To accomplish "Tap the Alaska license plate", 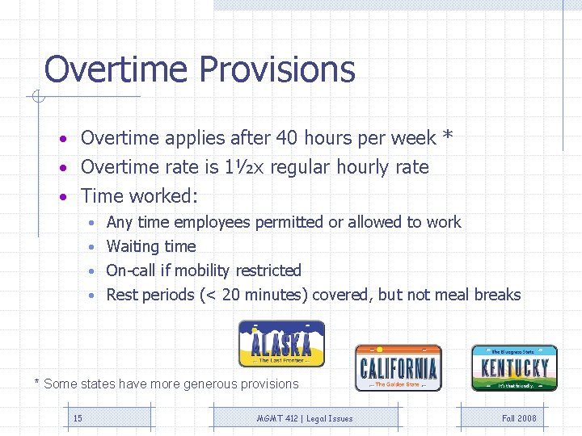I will (x=281, y=344).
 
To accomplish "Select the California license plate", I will (x=398, y=368).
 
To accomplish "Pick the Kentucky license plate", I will (x=514, y=368).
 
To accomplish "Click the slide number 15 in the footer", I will (x=78, y=418).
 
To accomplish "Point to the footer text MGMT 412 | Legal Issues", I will (x=305, y=418).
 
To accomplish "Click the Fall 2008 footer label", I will (x=519, y=418).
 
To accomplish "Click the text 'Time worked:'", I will (x=140, y=196).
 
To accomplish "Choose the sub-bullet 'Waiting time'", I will (x=151, y=246).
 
